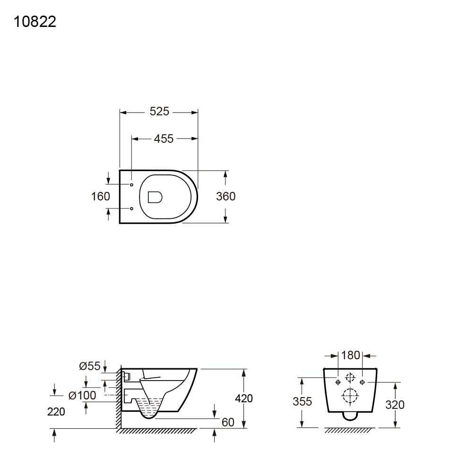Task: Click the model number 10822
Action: pos(35,22)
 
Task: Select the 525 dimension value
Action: pos(159,112)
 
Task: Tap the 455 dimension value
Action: pos(164,139)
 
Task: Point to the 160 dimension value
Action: pos(100,197)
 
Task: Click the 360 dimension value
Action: pos(225,197)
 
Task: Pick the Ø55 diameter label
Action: pos(89,366)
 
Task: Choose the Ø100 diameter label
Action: pos(82,396)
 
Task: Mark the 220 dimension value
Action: pos(56,412)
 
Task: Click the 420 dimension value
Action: pos(244,398)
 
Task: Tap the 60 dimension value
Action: pos(228,423)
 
